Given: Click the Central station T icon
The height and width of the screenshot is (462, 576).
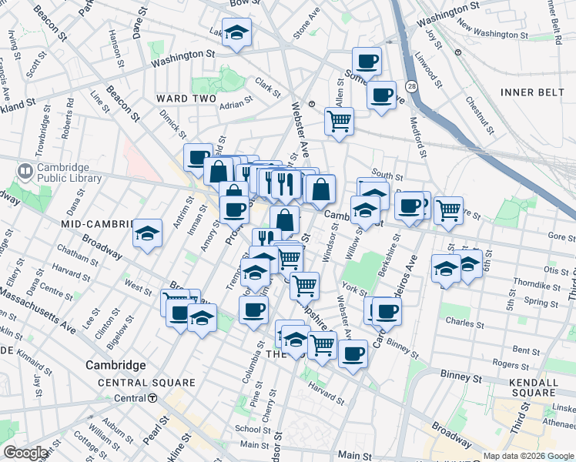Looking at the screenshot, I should (x=153, y=398).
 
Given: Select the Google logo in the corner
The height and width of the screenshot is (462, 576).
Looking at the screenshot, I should (x=25, y=453).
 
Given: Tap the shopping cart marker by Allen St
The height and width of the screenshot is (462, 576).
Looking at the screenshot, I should (x=339, y=121).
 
